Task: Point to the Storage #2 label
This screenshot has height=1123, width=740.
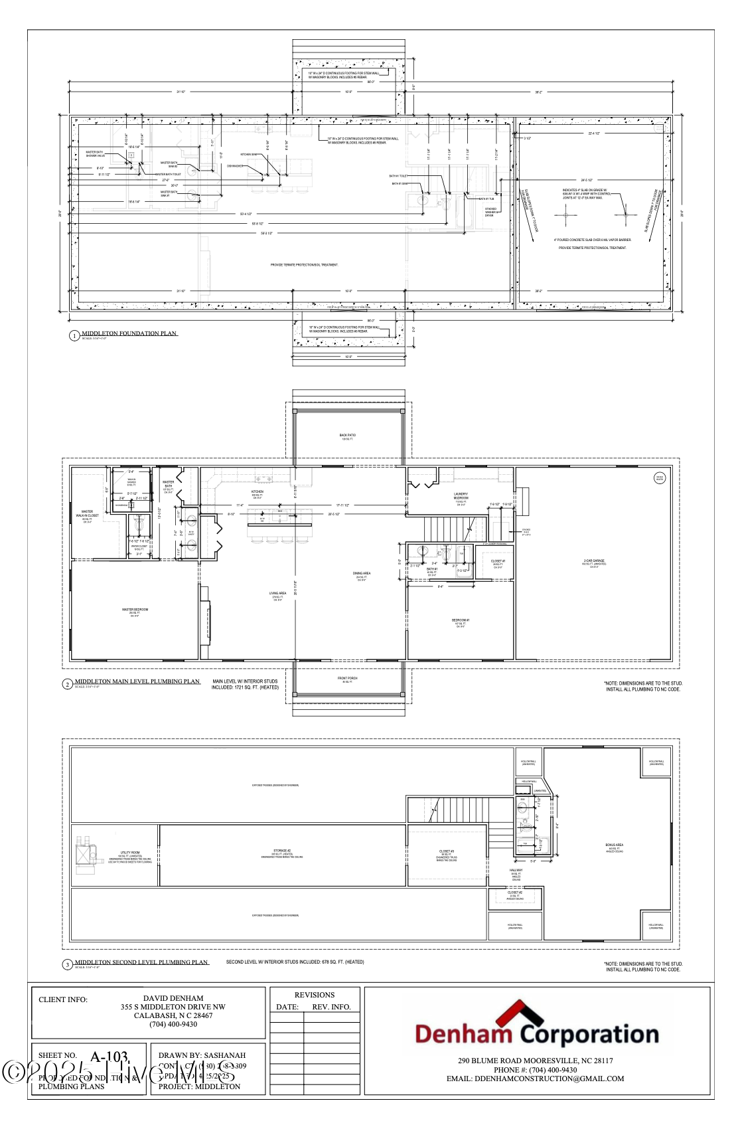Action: click(282, 851)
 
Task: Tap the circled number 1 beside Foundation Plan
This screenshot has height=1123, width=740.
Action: click(74, 336)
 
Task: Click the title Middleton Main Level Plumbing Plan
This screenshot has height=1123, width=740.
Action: click(137, 681)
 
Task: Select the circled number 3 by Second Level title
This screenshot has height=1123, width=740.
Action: click(67, 964)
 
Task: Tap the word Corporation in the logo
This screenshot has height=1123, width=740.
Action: click(589, 1034)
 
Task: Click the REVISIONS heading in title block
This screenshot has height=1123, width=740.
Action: click(315, 995)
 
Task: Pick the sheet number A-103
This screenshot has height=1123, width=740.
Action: click(109, 1056)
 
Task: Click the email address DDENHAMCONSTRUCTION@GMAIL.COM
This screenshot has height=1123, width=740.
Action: click(535, 1079)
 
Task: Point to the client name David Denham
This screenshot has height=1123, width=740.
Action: click(173, 998)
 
